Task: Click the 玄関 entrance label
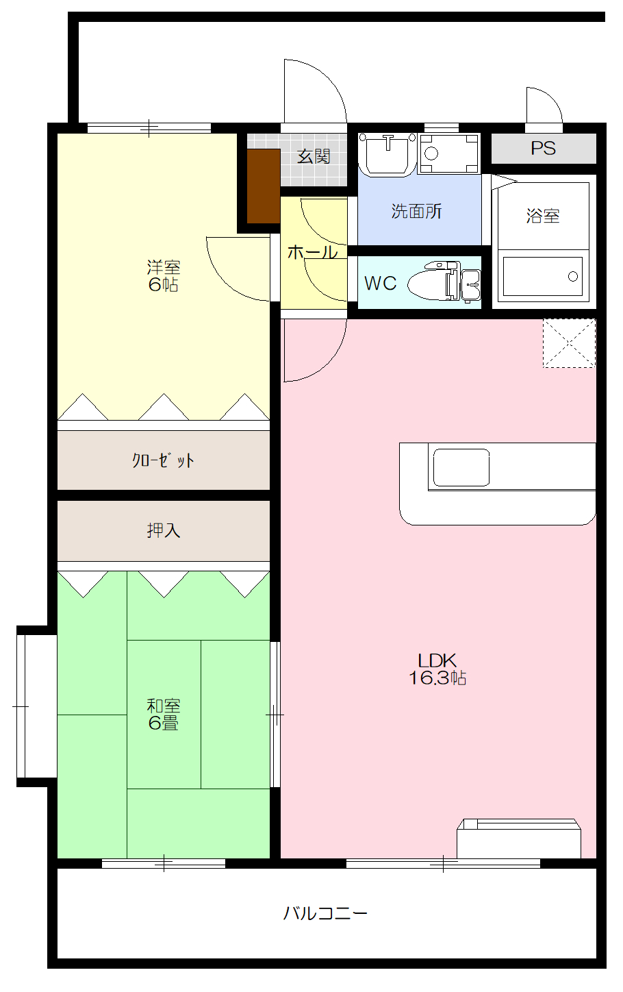click(x=314, y=157)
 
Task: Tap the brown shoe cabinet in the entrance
click(x=264, y=186)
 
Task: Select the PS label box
click(x=544, y=149)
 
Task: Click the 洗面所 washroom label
click(x=416, y=211)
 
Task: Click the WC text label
click(x=380, y=284)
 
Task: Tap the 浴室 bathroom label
click(x=543, y=216)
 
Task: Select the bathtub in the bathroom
click(x=542, y=277)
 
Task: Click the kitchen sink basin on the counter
click(x=461, y=467)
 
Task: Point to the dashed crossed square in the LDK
click(x=569, y=343)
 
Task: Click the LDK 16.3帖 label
click(x=437, y=669)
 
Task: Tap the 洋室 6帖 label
click(x=164, y=276)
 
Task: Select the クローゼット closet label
click(x=163, y=460)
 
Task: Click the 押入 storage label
click(x=164, y=530)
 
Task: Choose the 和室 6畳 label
click(x=164, y=715)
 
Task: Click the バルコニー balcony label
click(x=325, y=913)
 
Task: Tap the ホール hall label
click(x=312, y=252)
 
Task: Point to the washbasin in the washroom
click(x=387, y=153)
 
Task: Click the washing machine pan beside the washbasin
click(x=448, y=153)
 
